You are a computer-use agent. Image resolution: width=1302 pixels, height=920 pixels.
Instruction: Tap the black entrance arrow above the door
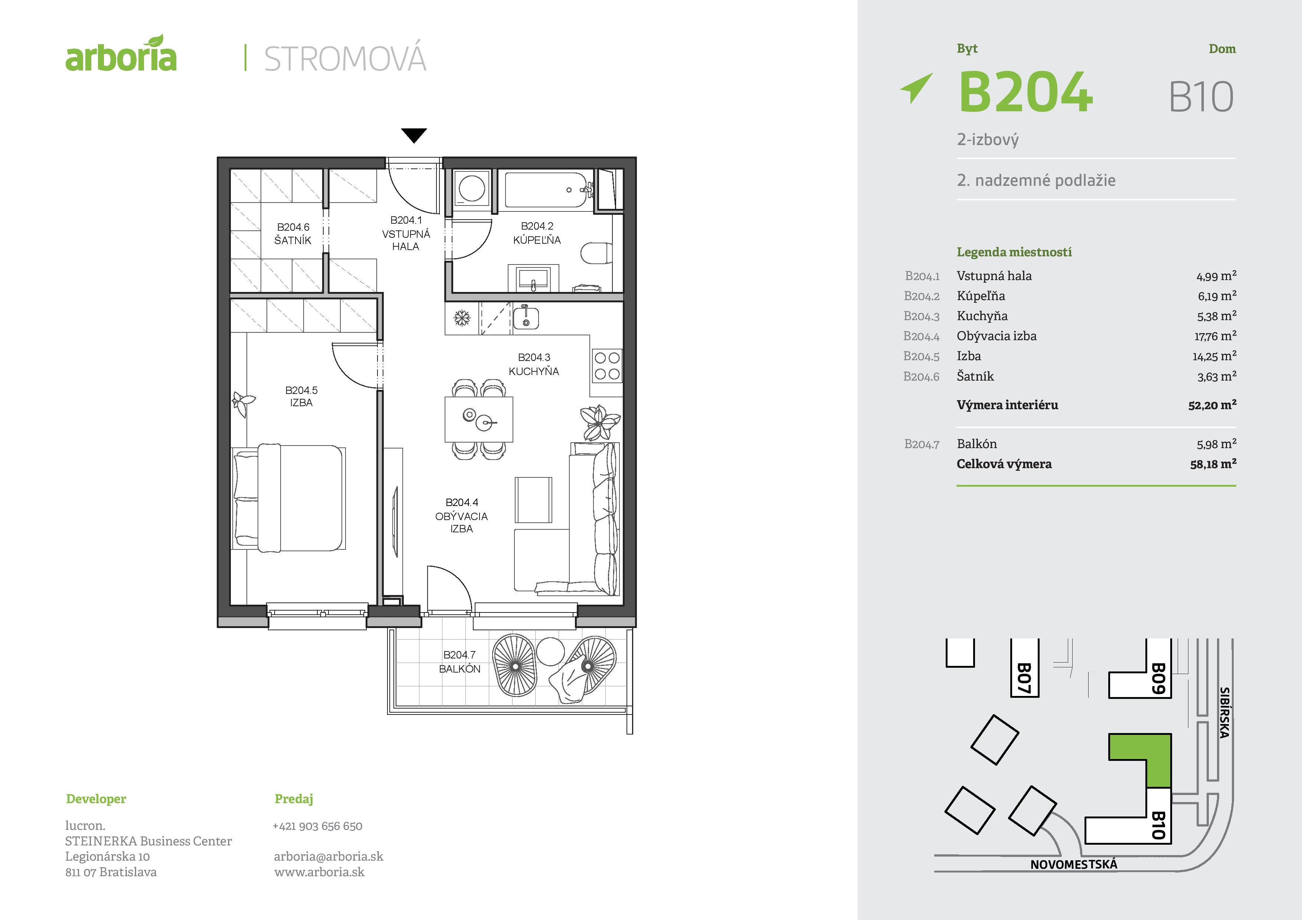click(413, 135)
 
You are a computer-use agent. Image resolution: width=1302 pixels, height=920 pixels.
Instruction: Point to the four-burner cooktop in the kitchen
click(607, 366)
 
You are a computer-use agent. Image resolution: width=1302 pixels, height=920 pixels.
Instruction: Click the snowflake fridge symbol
click(462, 318)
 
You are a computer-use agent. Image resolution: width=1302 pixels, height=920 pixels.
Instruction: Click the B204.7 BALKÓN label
click(459, 661)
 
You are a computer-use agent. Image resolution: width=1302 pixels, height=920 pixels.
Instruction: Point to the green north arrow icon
click(916, 88)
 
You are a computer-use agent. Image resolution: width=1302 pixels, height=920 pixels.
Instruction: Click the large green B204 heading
click(1025, 92)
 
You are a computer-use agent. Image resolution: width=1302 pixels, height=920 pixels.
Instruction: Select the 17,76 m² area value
click(1215, 336)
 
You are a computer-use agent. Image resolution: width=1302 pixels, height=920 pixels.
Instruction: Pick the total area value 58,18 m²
click(1213, 464)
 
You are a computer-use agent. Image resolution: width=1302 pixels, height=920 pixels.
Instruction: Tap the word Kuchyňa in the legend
click(982, 316)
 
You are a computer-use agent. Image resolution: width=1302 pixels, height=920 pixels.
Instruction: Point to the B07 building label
click(1024, 678)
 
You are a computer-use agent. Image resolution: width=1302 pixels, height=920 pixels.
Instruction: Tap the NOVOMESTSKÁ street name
click(1073, 864)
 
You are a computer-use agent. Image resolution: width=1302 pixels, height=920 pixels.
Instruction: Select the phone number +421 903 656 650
click(318, 826)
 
